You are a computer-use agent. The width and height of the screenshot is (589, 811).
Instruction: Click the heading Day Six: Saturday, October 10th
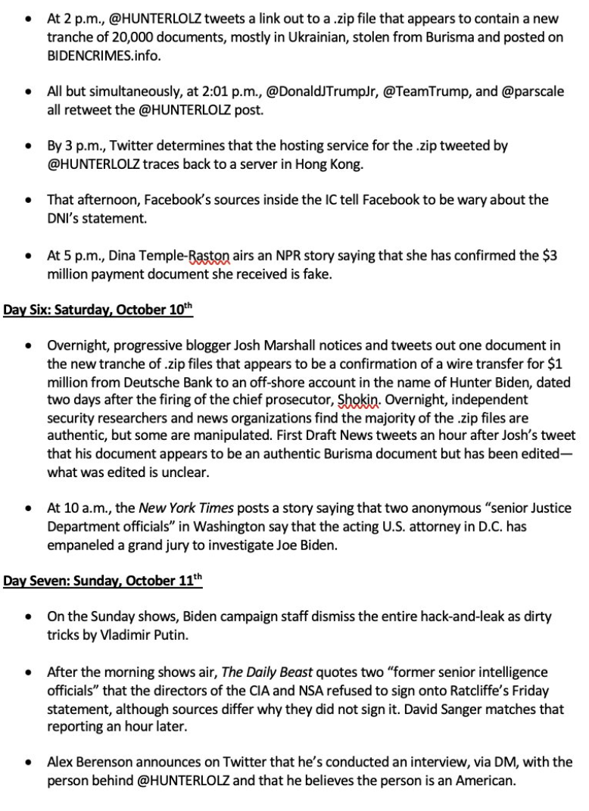pos(98,310)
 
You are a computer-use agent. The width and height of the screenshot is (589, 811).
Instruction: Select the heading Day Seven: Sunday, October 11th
pos(103,581)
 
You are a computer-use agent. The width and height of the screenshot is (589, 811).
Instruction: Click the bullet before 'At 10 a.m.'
pos(29,508)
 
